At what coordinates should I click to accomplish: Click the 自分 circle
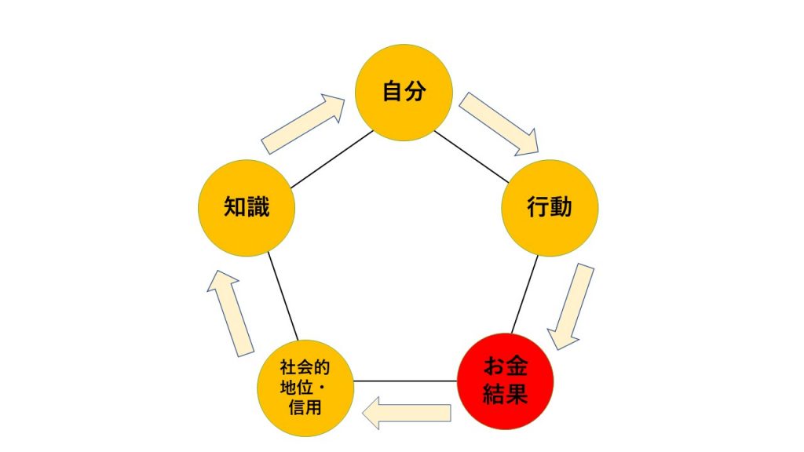tap(404, 93)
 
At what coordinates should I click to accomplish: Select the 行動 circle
tap(550, 207)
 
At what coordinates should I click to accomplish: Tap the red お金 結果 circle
tap(506, 381)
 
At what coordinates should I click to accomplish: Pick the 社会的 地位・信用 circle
tap(305, 388)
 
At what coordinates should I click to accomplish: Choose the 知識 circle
tap(247, 207)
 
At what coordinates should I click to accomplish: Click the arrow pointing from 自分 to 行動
tap(499, 124)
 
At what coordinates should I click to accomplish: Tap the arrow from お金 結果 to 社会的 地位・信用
tap(407, 413)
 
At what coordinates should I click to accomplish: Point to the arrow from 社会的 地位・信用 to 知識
tap(230, 313)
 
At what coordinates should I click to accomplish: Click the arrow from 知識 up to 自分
tap(303, 124)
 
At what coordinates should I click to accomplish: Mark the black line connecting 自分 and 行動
tap(472, 157)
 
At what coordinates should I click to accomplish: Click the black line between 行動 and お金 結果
tap(525, 294)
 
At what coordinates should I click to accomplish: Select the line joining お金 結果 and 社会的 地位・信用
tap(405, 381)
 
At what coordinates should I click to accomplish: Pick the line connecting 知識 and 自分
tap(332, 159)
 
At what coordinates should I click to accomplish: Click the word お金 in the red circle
tap(506, 367)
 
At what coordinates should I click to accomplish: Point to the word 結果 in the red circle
tap(506, 395)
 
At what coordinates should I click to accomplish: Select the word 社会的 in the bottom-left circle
tap(305, 367)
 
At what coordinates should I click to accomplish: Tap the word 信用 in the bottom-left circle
tap(305, 408)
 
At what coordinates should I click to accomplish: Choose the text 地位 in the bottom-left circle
tap(297, 388)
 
